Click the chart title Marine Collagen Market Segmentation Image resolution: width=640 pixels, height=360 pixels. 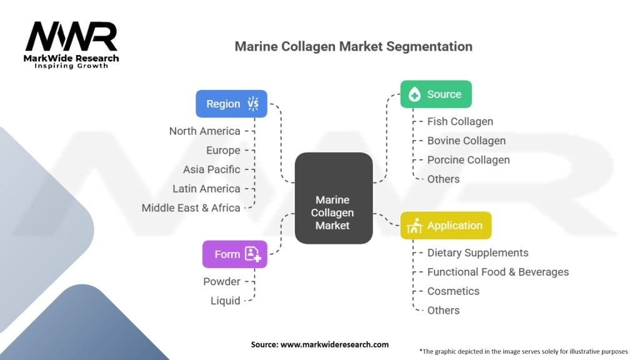point(353,47)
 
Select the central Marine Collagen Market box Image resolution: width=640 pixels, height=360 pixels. point(333,198)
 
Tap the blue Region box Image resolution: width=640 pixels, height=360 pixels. point(231,104)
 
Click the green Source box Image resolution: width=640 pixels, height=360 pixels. point(436,94)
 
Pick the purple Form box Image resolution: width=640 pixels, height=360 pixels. point(234,254)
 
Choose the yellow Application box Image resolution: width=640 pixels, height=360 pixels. point(446,226)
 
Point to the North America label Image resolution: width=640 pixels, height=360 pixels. point(204,131)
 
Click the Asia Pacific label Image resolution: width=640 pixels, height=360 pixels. point(211,169)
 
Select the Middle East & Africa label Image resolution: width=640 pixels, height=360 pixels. point(191,208)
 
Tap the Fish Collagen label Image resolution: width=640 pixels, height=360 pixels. point(460,122)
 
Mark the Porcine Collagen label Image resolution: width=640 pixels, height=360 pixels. point(468,160)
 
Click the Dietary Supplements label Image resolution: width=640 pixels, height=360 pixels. point(477,253)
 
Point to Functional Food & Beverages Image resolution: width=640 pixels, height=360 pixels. point(497,272)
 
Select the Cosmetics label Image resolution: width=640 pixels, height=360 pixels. point(453,291)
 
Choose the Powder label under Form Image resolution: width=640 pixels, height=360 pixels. point(221,282)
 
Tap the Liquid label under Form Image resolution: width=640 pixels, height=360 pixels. point(225,301)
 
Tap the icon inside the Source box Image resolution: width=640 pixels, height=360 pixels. point(414,95)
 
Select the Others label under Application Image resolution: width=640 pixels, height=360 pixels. point(443,311)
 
